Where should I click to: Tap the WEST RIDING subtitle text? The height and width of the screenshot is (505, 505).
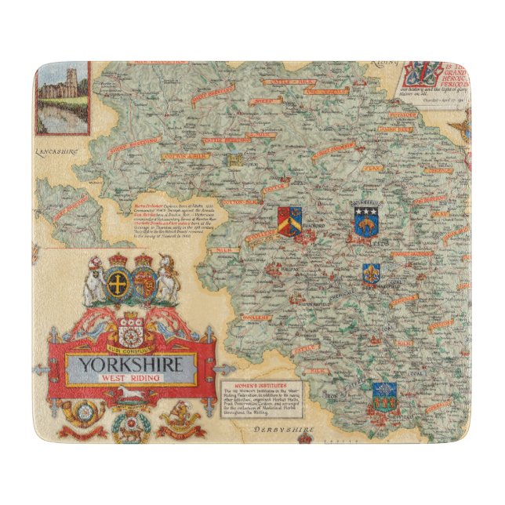coord(131,380)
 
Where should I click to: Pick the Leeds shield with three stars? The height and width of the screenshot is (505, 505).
coord(364,220)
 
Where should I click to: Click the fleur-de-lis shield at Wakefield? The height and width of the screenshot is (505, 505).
coord(371,274)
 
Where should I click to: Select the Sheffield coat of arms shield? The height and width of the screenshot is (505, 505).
coord(384,395)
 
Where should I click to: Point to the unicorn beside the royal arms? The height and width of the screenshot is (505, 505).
coord(168,279)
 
